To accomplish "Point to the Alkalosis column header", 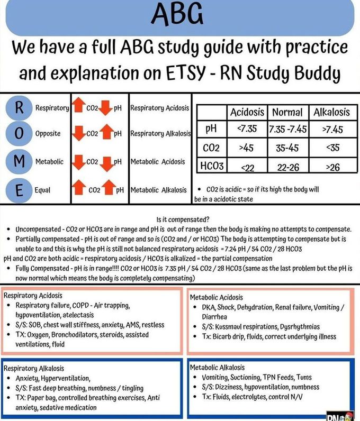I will [x=331, y=112].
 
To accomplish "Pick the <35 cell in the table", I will [x=331, y=148].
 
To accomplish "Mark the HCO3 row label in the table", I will [x=212, y=166].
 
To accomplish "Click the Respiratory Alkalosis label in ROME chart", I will [x=160, y=133].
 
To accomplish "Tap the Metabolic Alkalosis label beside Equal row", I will [x=158, y=190].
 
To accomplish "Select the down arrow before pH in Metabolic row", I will [x=106, y=161].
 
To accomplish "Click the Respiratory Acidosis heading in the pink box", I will [x=33, y=295].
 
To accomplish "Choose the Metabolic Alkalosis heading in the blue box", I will [x=217, y=367].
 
